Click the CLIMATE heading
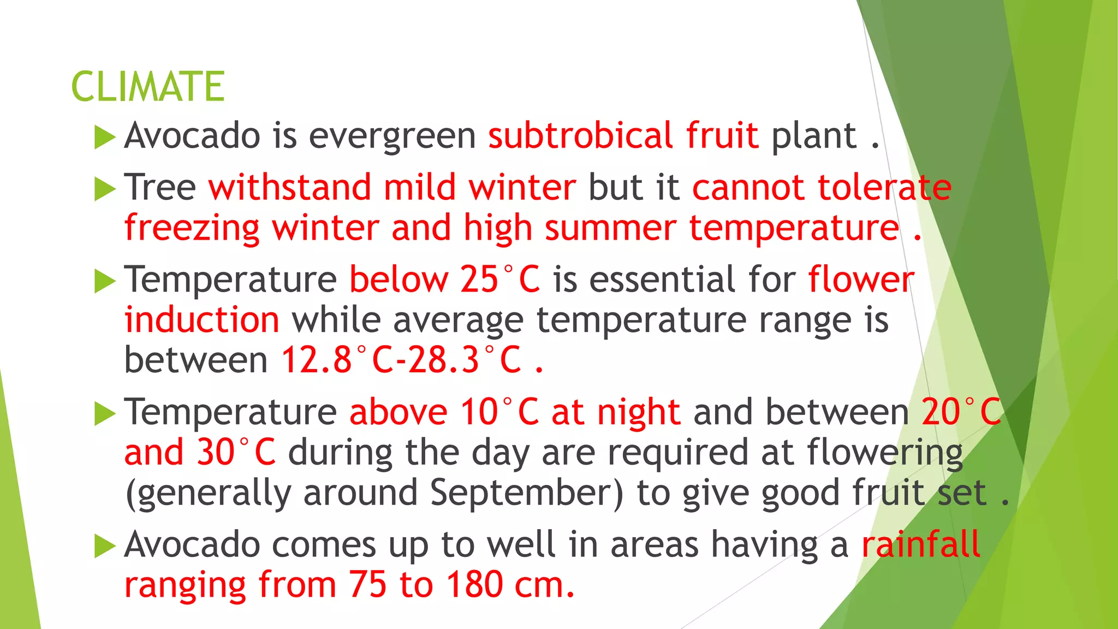147,87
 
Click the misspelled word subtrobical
580,135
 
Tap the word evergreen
393,137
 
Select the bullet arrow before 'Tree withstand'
105,189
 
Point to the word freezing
192,228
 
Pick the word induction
201,320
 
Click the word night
638,413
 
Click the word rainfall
920,544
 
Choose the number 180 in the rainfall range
474,585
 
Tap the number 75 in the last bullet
367,585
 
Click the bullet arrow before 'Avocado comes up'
105,546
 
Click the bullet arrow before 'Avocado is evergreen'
105,137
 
